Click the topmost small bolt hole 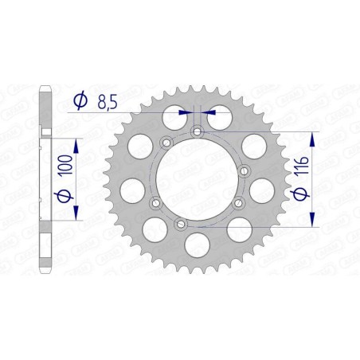point(196,131)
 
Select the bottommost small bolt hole point(181,225)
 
